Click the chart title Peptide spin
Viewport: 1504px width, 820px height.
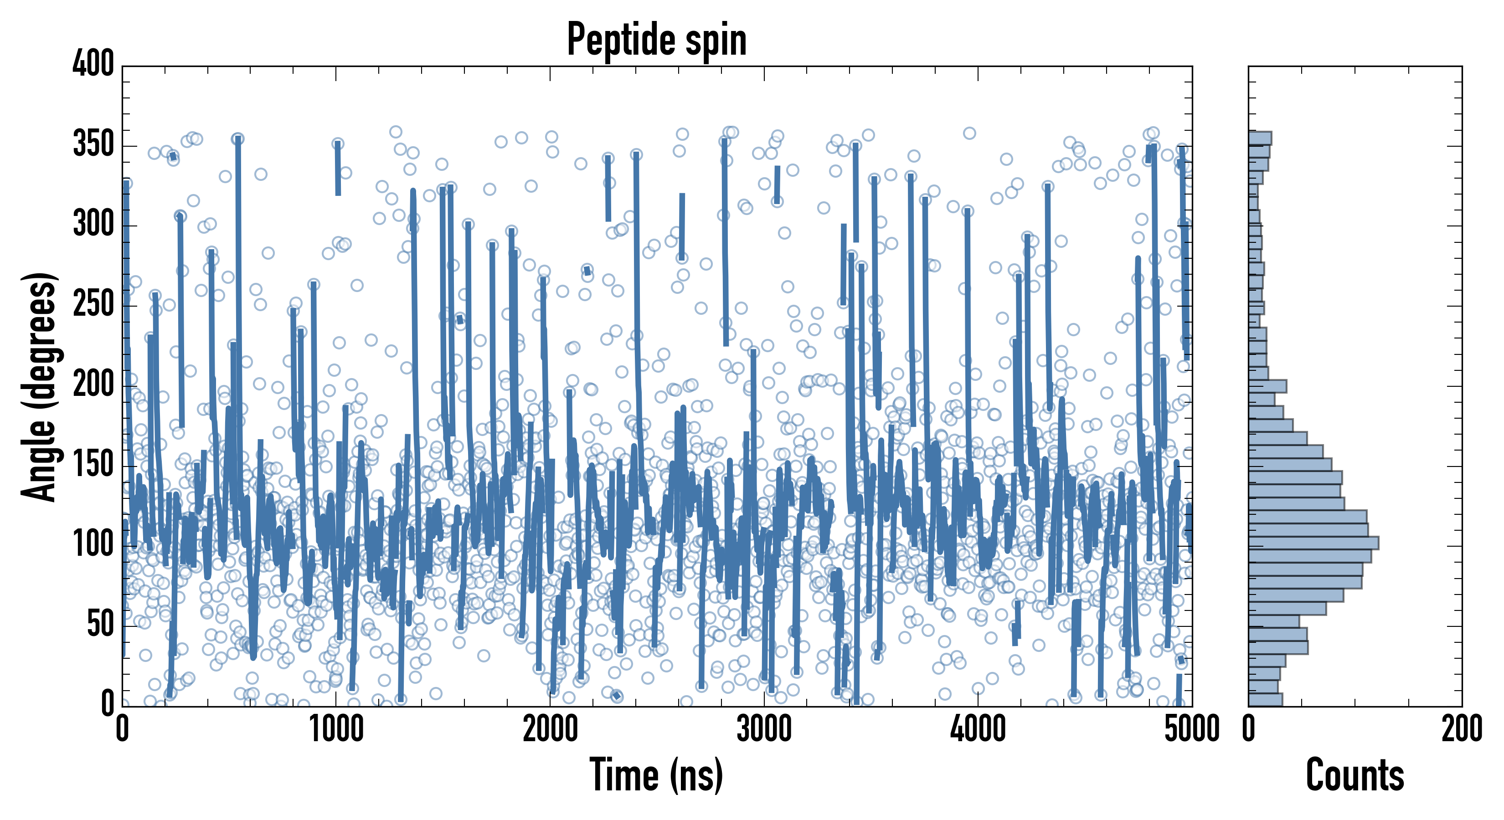point(656,40)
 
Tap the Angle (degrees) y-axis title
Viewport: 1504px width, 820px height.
point(40,386)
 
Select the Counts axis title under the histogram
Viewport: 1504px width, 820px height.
point(1355,775)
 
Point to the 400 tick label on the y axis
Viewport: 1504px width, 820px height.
point(93,64)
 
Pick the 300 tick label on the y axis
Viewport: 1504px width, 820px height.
point(93,224)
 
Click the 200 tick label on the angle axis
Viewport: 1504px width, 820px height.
point(93,384)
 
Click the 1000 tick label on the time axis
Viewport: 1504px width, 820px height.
point(336,729)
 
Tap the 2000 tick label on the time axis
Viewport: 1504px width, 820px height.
point(550,729)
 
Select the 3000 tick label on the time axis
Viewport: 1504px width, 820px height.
point(764,729)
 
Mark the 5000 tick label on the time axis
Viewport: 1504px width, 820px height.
point(1191,729)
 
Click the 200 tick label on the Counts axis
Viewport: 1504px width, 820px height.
point(1461,729)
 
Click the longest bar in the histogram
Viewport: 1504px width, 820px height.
point(1313,543)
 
